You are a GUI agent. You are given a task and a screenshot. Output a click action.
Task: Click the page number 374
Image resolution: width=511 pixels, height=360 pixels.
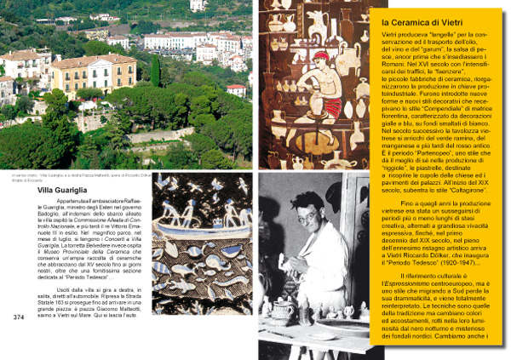[18, 317]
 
